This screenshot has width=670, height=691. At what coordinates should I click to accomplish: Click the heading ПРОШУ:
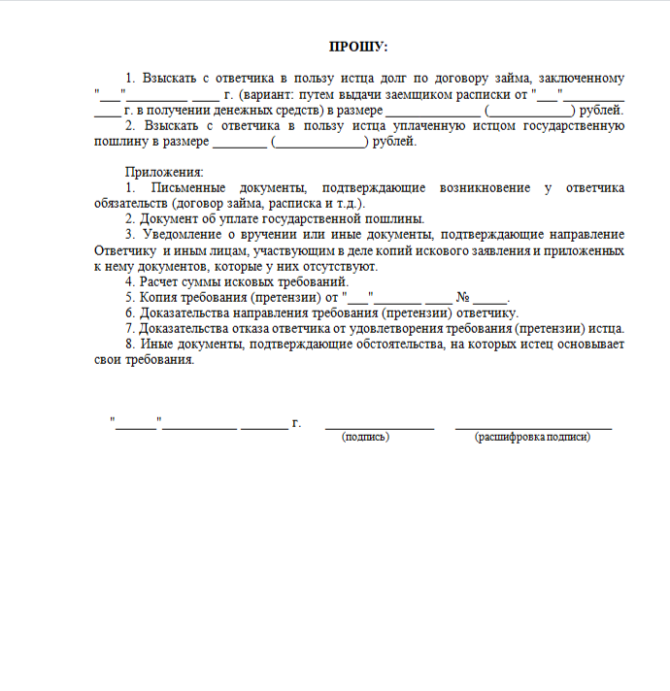pyautogui.click(x=358, y=47)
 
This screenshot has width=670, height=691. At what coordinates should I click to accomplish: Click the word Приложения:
pyautogui.click(x=158, y=172)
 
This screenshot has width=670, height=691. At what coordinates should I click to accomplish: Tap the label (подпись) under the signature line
pyautogui.click(x=365, y=438)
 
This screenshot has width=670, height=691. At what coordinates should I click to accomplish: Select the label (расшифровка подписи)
pyautogui.click(x=532, y=438)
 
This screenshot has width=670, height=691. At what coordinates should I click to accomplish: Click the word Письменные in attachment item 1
pyautogui.click(x=187, y=187)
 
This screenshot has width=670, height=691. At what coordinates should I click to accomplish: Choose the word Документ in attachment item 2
pyautogui.click(x=169, y=218)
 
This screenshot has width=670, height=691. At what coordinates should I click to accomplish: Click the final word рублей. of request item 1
pyautogui.click(x=601, y=110)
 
